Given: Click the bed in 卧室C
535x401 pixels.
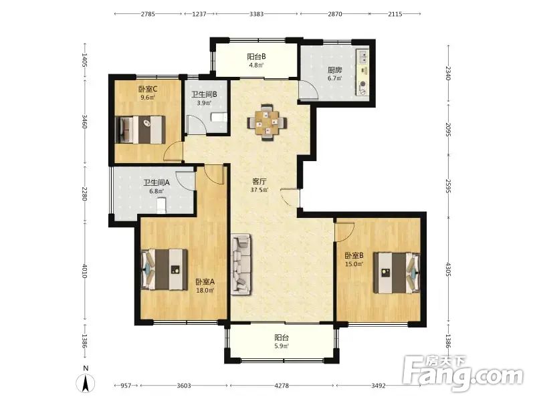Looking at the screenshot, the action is tap(140, 130).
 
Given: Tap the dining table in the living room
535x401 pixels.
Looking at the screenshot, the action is tap(267, 122).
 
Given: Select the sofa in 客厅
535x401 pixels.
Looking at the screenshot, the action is tap(241, 264).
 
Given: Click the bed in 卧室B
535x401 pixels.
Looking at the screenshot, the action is tap(397, 273).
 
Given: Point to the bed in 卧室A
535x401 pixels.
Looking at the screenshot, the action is tap(164, 269).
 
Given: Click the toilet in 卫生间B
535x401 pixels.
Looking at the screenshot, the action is tap(219, 118).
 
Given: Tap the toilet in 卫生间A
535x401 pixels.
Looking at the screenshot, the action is tap(161, 206).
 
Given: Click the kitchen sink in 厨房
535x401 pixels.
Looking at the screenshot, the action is tap(363, 57).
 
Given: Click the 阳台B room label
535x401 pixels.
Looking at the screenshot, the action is tap(256, 57).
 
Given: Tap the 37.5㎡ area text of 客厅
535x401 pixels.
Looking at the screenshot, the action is tap(259, 190).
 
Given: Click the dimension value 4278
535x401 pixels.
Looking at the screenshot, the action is tap(282, 386).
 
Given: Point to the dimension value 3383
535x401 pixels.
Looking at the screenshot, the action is tap(257, 14).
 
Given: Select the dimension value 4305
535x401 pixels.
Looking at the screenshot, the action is tap(448, 269).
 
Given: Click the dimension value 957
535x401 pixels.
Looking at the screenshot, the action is tap(126, 386).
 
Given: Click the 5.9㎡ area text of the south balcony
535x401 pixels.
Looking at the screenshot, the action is tap(282, 346).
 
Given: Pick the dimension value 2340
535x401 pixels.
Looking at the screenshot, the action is tap(448, 73).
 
